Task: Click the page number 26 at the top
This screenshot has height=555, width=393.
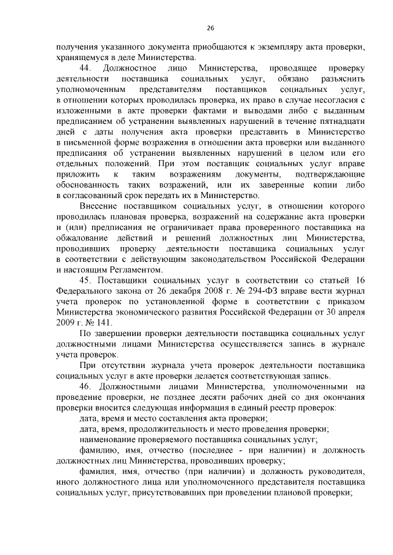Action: click(x=211, y=28)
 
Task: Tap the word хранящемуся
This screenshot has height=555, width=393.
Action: click(x=80, y=57)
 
